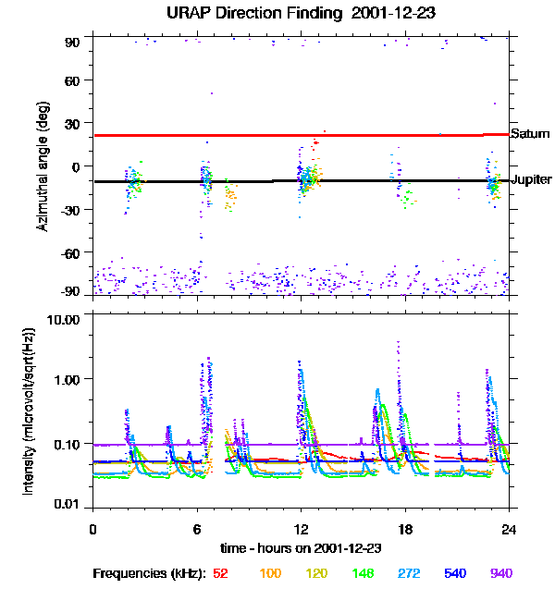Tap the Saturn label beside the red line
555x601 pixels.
click(529, 134)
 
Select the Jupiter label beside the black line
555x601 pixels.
click(531, 179)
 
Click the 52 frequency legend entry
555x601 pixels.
click(220, 573)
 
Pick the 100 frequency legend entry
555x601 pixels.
click(270, 573)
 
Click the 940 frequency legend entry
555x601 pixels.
click(500, 573)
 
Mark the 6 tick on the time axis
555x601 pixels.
click(197, 529)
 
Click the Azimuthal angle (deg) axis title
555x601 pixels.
click(42, 167)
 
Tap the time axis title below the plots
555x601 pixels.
click(301, 547)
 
